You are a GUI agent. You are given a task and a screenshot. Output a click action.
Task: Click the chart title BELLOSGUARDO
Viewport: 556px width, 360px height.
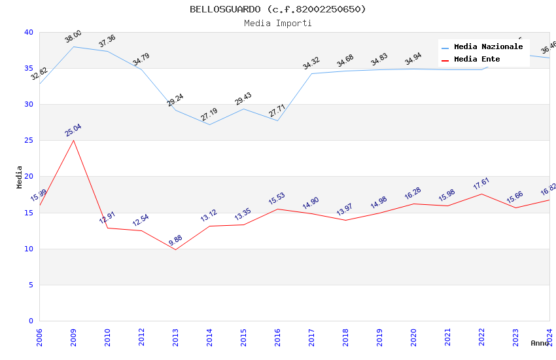(277, 9)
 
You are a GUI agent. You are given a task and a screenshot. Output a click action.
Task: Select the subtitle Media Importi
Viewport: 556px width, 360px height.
(277, 24)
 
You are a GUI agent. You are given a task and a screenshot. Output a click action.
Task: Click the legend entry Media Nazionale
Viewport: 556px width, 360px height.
(488, 47)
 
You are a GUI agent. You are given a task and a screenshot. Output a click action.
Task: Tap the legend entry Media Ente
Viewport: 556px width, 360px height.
(477, 60)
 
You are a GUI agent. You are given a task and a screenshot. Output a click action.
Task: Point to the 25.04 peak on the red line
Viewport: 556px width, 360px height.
(73, 140)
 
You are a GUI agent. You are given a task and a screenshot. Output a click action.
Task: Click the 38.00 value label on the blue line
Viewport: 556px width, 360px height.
(73, 36)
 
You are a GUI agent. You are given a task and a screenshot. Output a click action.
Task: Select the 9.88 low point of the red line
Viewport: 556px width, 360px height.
(175, 249)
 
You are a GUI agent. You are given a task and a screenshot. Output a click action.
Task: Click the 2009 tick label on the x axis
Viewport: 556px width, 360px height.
(73, 336)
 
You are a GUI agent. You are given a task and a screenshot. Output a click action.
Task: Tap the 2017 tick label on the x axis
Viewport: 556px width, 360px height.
(311, 336)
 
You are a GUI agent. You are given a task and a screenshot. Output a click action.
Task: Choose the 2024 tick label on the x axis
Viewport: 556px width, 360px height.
(549, 336)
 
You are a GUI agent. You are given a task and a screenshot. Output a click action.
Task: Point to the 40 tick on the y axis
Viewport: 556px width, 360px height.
(28, 33)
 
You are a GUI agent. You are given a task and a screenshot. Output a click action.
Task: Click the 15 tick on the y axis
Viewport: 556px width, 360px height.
(28, 213)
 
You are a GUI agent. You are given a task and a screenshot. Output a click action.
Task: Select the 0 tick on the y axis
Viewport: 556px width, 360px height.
(31, 321)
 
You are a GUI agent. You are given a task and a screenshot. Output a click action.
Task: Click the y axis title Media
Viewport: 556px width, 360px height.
(19, 177)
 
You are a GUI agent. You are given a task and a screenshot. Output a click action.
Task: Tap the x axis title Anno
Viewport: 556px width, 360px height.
(540, 343)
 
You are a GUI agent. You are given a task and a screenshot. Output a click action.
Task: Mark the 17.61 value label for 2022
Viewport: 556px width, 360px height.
(481, 183)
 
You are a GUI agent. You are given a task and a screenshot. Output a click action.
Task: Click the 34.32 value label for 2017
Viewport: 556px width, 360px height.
(311, 63)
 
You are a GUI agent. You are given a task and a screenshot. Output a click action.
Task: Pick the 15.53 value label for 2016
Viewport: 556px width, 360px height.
(277, 198)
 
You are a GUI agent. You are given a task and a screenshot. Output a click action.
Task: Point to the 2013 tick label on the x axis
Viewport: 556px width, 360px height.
(175, 336)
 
